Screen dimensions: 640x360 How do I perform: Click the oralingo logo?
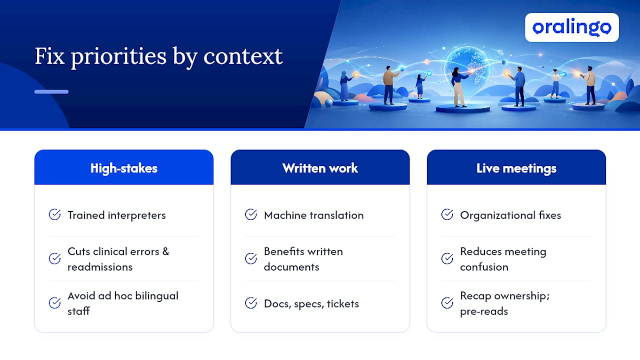coord(571,27)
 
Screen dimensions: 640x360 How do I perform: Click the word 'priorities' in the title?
coord(118,57)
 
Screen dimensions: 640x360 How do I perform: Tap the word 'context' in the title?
coord(243,56)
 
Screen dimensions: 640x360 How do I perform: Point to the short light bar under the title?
coord(51,91)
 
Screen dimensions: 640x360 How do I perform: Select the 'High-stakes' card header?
coord(123,167)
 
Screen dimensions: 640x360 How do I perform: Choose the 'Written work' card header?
coord(320,167)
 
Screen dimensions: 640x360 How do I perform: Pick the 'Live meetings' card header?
coord(516,167)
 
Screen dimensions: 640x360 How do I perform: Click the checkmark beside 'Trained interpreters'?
coord(54,214)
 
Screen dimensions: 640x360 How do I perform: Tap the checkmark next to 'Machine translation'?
coord(251,214)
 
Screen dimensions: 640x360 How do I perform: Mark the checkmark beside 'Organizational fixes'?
coord(447,214)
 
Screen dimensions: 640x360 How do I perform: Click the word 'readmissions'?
coord(100,267)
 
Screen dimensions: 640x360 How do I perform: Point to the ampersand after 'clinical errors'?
coord(165,251)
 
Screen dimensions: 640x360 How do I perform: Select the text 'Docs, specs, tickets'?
coord(311,303)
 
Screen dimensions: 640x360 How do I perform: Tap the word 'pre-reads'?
coord(484,311)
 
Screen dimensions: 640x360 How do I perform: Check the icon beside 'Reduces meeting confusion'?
coord(447,259)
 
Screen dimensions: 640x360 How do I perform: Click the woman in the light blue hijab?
coord(345,85)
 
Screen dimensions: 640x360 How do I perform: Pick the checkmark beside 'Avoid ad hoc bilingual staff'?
coord(54,303)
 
